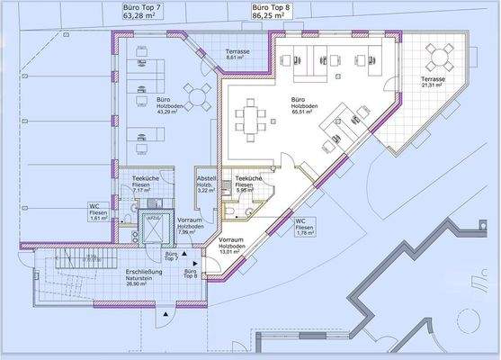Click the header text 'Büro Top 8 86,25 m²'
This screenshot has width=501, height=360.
[x=275, y=11]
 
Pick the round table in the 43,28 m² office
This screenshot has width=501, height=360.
[x=199, y=94]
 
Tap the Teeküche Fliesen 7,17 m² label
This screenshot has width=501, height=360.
[x=145, y=185]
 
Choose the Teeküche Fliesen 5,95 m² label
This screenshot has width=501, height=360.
[x=247, y=184]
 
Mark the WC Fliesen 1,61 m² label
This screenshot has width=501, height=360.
[x=99, y=212]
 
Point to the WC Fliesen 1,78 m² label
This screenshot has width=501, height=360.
[x=304, y=229]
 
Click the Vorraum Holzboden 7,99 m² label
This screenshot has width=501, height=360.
[x=189, y=225]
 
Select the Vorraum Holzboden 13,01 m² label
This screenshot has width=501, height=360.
[x=232, y=246]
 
